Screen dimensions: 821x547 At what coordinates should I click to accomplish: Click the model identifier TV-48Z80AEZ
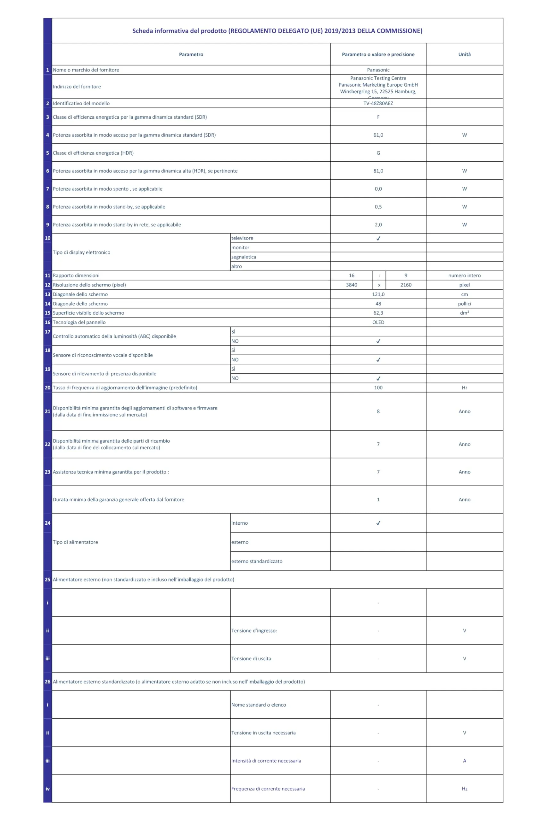[378, 103]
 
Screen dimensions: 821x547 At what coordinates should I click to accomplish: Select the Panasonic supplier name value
[378, 70]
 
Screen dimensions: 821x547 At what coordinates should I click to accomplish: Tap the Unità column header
[464, 55]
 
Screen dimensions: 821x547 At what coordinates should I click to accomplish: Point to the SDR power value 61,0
[378, 135]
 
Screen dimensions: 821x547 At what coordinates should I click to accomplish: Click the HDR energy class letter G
[378, 153]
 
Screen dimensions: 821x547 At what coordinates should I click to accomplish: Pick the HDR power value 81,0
[378, 171]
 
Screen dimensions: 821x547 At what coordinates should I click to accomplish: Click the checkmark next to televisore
[378, 238]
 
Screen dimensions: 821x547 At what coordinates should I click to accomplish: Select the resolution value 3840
[351, 285]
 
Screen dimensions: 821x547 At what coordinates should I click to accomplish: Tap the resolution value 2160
[406, 285]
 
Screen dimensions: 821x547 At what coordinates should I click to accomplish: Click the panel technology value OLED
[378, 322]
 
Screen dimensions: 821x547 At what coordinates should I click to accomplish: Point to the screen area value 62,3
[378, 313]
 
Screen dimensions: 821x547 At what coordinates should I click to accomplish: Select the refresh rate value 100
[378, 387]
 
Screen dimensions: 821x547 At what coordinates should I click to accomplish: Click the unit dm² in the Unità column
[464, 313]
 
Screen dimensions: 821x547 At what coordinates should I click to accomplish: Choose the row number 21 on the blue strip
[47, 411]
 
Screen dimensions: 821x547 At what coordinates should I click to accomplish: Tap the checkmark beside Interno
[378, 523]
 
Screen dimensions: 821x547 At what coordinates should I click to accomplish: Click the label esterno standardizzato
[257, 561]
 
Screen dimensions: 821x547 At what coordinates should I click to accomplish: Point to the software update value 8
[378, 411]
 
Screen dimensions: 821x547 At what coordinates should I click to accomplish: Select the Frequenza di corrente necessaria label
[268, 789]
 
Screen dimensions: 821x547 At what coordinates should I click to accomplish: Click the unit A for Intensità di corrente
[464, 761]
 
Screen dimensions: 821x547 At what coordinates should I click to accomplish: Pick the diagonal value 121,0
[378, 294]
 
